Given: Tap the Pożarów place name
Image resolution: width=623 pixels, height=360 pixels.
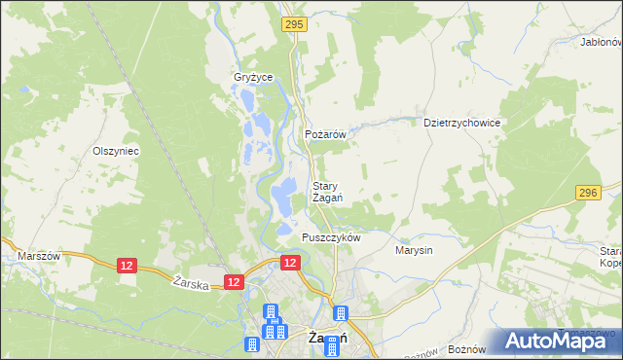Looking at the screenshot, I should click(326, 134).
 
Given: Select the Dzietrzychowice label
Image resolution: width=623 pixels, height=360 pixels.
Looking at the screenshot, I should click(462, 124).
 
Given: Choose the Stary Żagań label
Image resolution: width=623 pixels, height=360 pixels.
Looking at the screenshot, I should click(326, 192).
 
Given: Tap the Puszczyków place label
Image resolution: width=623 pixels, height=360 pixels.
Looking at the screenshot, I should click(332, 238).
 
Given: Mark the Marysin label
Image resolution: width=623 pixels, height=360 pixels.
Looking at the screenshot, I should click(414, 250).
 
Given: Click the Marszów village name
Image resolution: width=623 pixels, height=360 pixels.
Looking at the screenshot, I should click(40, 256).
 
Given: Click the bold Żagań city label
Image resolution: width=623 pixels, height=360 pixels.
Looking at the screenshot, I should click(328, 338).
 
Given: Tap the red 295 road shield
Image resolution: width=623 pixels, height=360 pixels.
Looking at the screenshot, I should click(294, 22).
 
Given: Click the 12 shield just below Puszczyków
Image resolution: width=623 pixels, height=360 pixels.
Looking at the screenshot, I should click(290, 263).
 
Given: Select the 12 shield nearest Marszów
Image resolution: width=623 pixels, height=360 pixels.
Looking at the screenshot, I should click(127, 266).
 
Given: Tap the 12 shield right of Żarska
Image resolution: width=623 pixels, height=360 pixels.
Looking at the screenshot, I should click(233, 281).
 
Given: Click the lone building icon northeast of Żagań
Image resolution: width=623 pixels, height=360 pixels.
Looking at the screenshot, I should click(341, 313).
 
